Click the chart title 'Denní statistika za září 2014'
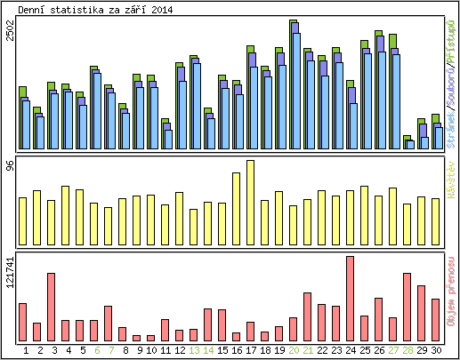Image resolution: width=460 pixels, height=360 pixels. pyautogui.click(x=96, y=10)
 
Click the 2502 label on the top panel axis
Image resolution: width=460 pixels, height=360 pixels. pyautogui.click(x=10, y=31)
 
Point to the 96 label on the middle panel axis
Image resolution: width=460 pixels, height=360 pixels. pyautogui.click(x=10, y=166)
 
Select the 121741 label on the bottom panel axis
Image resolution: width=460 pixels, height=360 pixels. pyautogui.click(x=10, y=271)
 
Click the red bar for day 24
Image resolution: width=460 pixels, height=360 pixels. pyautogui.click(x=351, y=298)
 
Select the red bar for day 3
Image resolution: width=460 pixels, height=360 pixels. pyautogui.click(x=52, y=307)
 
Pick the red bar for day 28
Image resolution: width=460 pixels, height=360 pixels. pyautogui.click(x=408, y=307)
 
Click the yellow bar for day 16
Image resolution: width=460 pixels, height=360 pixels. pyautogui.click(x=237, y=209)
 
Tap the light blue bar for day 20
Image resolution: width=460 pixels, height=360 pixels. pyautogui.click(x=295, y=91)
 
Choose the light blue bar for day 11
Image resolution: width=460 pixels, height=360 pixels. pyautogui.click(x=168, y=139)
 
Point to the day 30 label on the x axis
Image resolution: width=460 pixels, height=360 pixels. pyautogui.click(x=436, y=350)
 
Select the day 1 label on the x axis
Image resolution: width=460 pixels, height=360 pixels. pyautogui.click(x=26, y=350)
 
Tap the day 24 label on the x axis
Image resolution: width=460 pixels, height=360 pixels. pyautogui.click(x=351, y=350)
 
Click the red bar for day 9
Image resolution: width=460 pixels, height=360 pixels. pyautogui.click(x=137, y=338)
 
